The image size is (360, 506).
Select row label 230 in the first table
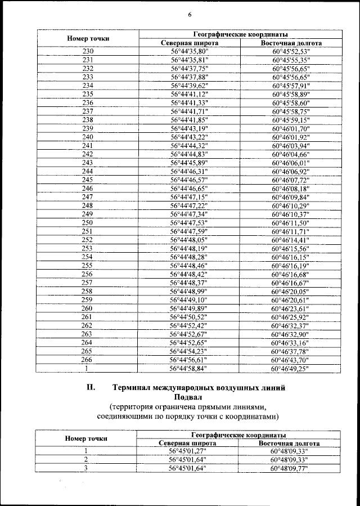87,52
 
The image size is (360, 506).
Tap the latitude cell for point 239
189,128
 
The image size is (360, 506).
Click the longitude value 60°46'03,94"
291,145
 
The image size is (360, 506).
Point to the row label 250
87,223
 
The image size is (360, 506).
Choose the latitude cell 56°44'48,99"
189,291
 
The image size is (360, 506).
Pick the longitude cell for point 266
291,359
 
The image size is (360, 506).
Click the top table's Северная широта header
189,43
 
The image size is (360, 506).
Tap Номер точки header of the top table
87,38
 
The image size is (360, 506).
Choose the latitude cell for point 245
189,180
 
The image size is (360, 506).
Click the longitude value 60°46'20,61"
291,299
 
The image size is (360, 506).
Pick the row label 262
87,325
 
